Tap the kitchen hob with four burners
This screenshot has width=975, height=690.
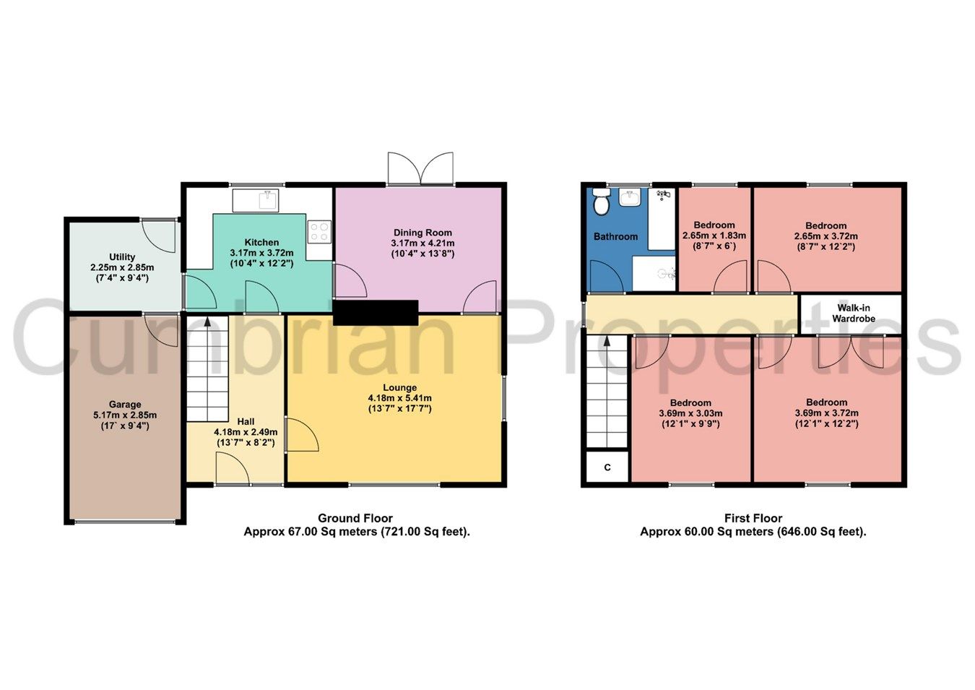point(319,231)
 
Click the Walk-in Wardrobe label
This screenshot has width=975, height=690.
point(853,313)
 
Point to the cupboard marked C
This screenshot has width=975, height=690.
point(607,467)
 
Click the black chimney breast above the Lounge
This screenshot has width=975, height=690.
point(376,313)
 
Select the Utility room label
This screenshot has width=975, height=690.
point(122,256)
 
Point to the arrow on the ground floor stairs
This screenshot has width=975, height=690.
point(207,322)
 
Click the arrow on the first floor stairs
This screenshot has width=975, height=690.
point(607,341)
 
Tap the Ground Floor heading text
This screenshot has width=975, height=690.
point(355,518)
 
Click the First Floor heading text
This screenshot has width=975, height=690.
point(753,518)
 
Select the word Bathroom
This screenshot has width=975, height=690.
point(615,236)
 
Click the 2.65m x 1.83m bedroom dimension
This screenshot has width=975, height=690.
point(714,236)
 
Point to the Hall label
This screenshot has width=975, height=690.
point(246,421)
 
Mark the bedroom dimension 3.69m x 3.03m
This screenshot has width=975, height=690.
point(690,413)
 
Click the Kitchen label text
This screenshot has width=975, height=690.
point(261,242)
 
